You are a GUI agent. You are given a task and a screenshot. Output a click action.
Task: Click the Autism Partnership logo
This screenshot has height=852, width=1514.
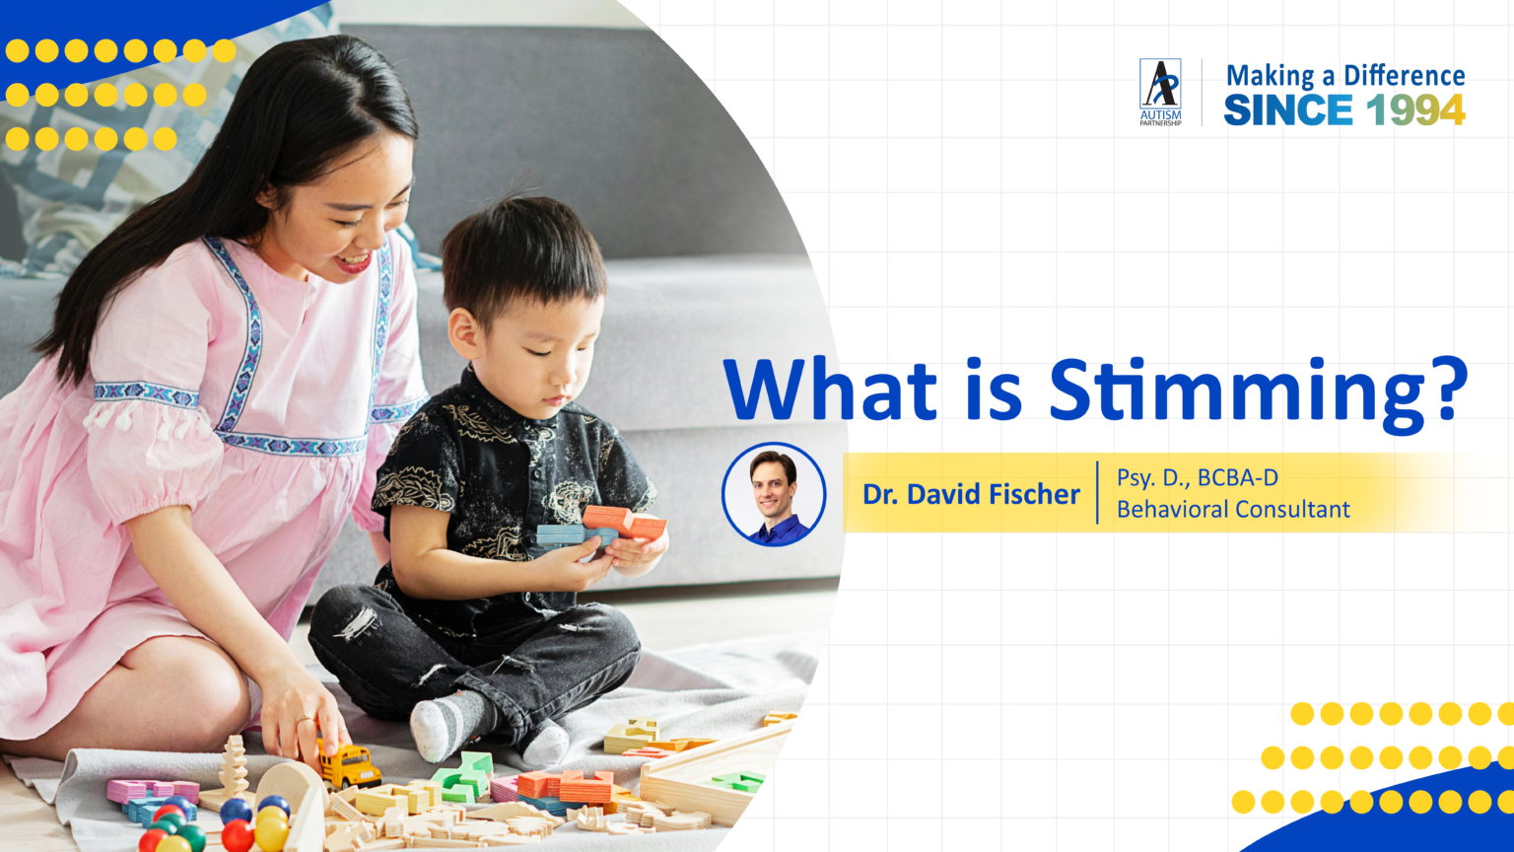point(1160,92)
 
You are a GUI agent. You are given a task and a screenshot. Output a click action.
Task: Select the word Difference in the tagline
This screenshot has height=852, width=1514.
point(1404,76)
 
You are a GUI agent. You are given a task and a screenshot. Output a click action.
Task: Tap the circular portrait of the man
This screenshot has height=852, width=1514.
point(773,494)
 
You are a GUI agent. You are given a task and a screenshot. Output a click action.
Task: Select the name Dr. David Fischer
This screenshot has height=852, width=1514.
point(971,494)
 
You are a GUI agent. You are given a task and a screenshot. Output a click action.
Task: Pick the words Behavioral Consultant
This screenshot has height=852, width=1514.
point(1232,510)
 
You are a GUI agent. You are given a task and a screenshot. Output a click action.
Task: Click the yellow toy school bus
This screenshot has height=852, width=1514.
point(348,766)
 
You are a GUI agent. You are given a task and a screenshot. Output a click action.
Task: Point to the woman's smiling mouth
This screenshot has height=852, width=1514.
point(352,263)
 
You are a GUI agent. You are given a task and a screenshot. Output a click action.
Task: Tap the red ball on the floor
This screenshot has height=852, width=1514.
point(237,836)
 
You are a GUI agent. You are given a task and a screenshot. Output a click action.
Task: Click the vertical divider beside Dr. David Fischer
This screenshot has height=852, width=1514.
point(1097,493)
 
